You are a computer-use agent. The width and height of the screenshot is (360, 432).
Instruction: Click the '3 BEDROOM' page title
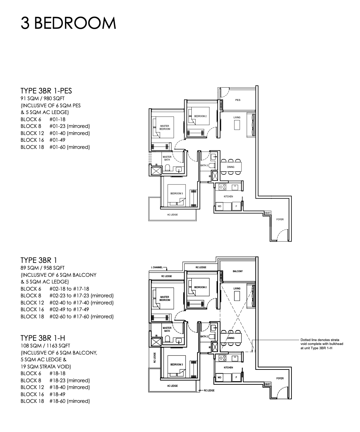click(x=68, y=23)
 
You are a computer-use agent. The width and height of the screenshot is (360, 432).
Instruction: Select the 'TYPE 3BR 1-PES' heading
click(x=46, y=91)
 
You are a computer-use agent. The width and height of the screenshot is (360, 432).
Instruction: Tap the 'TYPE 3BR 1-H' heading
click(x=43, y=338)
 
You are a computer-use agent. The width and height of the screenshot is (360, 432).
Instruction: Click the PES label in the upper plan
click(x=238, y=100)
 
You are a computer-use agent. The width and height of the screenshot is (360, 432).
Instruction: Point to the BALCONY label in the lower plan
click(x=238, y=271)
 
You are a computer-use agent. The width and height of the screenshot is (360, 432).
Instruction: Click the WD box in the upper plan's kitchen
click(x=219, y=206)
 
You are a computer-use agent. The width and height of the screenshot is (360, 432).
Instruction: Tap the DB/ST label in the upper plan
click(x=267, y=213)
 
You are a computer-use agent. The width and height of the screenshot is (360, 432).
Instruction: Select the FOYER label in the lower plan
click(x=280, y=378)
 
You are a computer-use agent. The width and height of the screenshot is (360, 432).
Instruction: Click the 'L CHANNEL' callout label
click(x=157, y=268)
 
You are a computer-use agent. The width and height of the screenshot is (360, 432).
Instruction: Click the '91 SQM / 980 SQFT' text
click(x=43, y=98)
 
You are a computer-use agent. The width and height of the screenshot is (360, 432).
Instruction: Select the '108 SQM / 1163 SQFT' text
click(x=45, y=346)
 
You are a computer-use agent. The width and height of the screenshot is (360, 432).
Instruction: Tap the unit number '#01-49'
click(x=57, y=140)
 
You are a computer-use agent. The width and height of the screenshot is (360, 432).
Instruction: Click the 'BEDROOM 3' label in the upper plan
click(x=176, y=194)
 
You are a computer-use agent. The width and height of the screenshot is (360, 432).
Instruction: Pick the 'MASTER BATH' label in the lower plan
click(x=167, y=329)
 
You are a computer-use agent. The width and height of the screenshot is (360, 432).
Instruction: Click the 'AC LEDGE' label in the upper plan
click(x=173, y=215)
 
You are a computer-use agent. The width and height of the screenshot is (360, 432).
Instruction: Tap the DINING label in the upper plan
click(x=230, y=167)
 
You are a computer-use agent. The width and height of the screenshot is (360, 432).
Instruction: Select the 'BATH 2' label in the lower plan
click(x=204, y=337)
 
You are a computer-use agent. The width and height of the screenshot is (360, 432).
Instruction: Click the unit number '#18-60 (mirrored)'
click(x=70, y=401)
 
